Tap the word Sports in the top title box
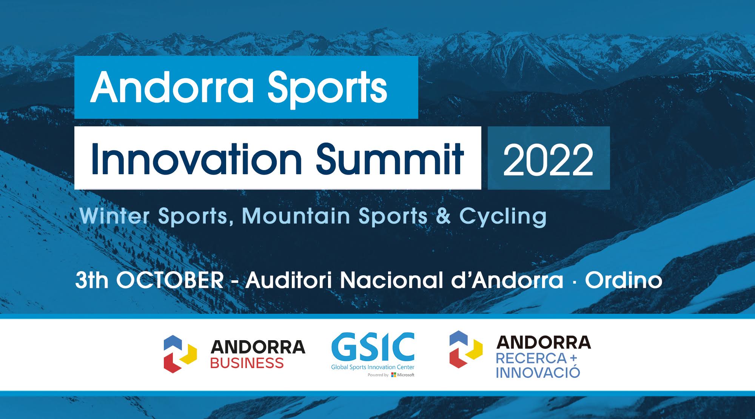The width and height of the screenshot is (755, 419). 327,90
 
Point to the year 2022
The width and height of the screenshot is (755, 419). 549,160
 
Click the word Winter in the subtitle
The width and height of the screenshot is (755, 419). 115,216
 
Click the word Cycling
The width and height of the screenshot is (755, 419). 503,218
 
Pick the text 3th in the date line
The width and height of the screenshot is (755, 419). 92,280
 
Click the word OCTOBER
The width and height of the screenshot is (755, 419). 170,280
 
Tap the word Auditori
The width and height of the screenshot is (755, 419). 289,280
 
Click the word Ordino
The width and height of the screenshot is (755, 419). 624,280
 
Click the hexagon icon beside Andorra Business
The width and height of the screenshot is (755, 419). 180,354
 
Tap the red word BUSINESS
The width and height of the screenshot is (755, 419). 247,363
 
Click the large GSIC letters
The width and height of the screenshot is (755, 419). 373,347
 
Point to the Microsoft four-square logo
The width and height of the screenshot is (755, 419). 393,375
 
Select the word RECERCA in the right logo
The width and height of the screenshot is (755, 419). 531,358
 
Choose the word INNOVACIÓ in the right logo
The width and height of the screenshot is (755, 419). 538,372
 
